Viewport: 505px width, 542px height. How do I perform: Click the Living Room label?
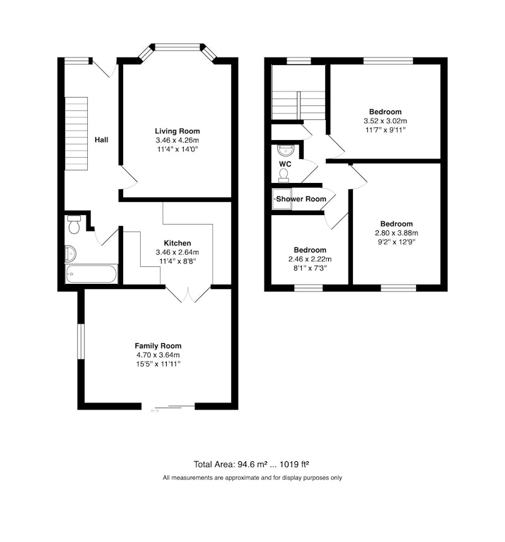(177, 131)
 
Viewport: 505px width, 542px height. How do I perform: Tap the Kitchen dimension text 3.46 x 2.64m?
(177, 252)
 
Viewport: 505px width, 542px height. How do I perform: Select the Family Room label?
(158, 346)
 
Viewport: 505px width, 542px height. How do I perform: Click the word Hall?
(102, 139)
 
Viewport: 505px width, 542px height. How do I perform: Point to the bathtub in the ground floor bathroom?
(92, 274)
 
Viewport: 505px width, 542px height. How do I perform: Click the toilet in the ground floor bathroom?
(74, 224)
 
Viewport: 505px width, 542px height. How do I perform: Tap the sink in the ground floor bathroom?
(71, 254)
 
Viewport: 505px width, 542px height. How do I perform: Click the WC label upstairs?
(285, 164)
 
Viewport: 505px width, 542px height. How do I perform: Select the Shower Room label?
(301, 199)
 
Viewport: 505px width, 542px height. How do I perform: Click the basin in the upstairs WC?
(285, 150)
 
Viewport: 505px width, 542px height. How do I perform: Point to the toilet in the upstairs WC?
(283, 175)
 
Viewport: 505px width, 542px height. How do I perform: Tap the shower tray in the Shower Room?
(282, 199)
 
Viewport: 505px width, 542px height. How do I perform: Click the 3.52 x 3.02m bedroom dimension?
(385, 121)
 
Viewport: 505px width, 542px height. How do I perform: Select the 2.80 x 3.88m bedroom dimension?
(396, 233)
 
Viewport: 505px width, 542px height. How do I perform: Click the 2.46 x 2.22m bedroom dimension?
(310, 259)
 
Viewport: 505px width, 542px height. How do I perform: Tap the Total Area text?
(251, 464)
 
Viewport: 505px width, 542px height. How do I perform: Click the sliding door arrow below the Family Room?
(155, 411)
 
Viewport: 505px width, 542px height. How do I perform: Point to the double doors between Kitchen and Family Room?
(188, 294)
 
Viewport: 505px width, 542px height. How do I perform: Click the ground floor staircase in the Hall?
(76, 133)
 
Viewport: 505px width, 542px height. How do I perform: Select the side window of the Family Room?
(81, 341)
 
